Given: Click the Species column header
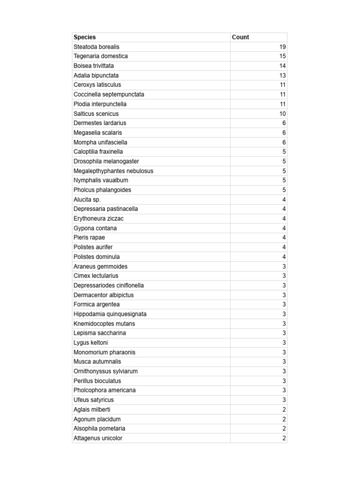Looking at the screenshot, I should pos(85,37).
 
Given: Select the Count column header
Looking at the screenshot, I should pos(240,37).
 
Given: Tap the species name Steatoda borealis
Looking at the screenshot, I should pos(97,47).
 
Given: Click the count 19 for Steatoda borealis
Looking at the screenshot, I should pos(282,47).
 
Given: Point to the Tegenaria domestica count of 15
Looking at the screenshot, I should pos(282,56).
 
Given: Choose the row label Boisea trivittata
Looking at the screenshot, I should pos(94,66).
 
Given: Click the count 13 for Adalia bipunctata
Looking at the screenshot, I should pos(282,75).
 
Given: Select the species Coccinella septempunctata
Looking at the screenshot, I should pos(109,94).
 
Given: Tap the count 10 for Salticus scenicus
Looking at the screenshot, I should pos(282,113).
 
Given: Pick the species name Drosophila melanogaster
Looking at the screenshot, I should pos(106,161).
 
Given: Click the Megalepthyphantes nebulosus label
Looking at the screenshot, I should pos(113,171).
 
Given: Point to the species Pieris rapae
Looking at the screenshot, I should pos(90,238).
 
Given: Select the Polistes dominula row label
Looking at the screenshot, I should pos(97,257).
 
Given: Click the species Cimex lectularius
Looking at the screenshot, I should pos(96,276).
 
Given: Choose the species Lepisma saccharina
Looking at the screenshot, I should pos(100,333).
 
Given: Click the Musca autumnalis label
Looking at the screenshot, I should pos(97,361).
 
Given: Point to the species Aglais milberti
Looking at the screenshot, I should pos(92,409).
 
